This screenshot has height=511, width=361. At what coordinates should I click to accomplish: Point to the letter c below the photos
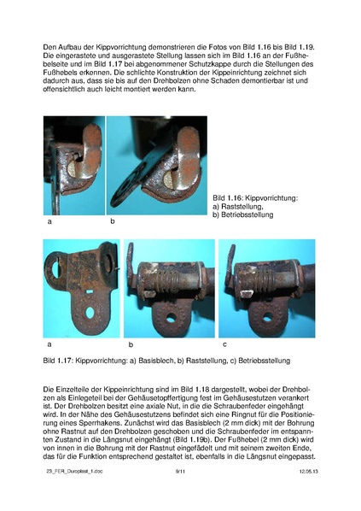224,344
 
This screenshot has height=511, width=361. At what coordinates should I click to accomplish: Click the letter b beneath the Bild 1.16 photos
112,221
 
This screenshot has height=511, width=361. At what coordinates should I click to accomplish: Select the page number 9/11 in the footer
180,494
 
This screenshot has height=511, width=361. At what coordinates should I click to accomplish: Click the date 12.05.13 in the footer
307,494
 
